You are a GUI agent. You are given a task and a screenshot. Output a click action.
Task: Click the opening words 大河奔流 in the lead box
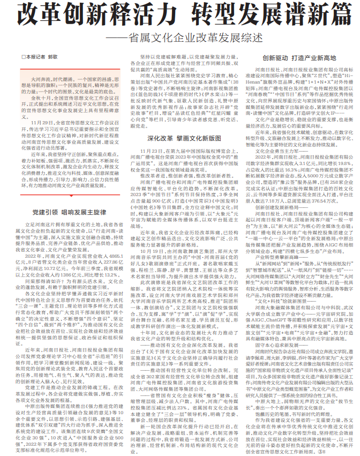(40, 79)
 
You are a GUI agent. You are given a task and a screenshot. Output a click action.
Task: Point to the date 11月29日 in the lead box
(40, 122)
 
